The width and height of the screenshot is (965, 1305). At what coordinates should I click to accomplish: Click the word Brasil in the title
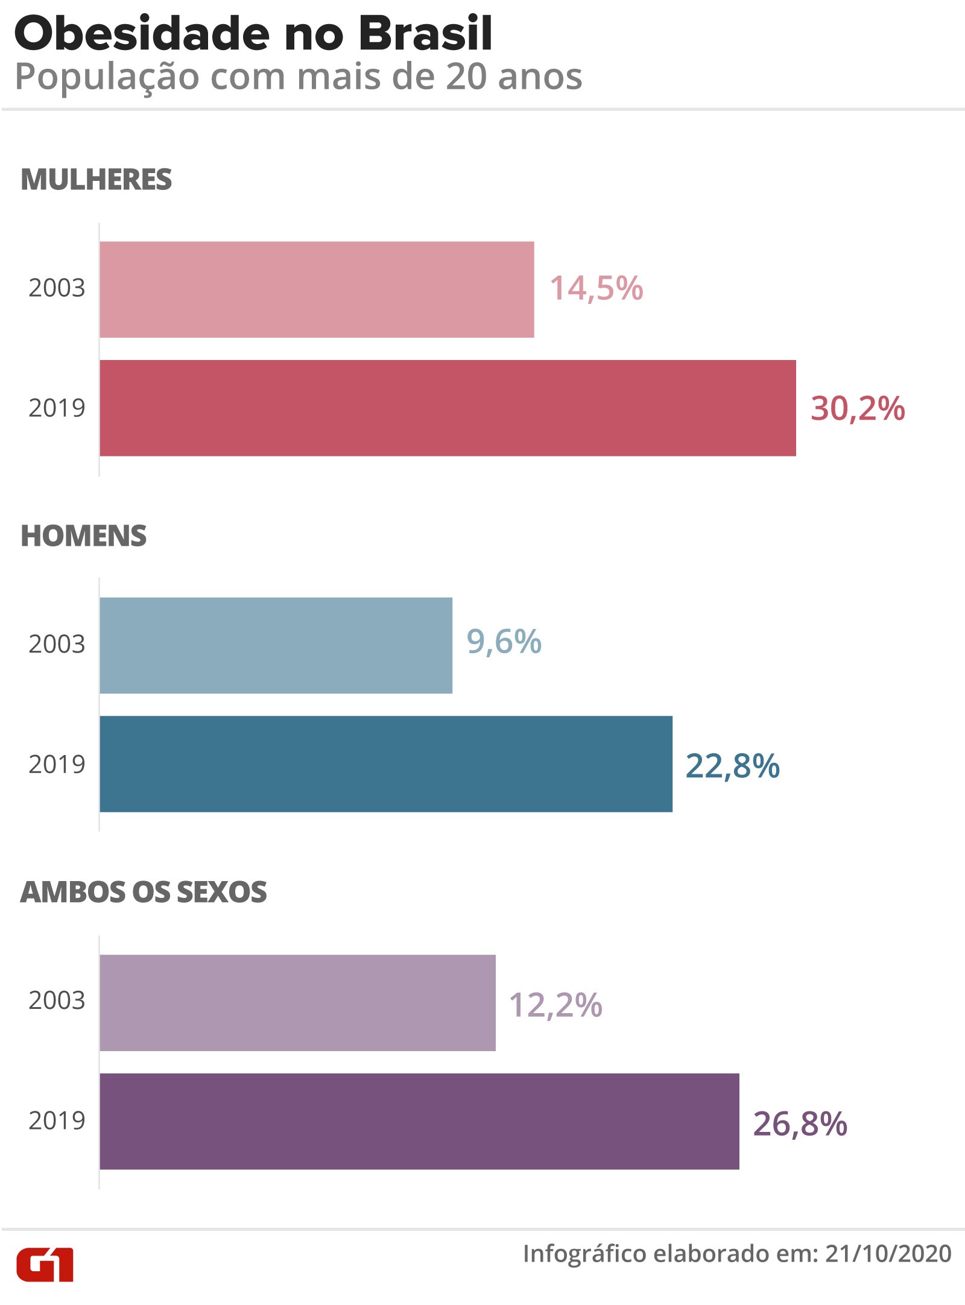tap(425, 34)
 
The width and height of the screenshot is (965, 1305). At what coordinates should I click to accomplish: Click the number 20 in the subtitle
tap(466, 77)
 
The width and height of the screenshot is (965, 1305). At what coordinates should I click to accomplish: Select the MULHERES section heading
tap(96, 180)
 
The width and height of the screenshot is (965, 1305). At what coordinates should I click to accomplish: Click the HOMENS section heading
tap(83, 536)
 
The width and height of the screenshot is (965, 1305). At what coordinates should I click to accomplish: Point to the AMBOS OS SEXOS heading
tap(143, 892)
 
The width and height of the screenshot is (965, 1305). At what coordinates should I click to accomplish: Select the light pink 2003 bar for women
tap(317, 289)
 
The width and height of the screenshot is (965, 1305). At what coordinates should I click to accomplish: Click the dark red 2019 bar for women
tap(448, 408)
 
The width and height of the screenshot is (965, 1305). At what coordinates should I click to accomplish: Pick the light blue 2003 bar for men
tap(276, 645)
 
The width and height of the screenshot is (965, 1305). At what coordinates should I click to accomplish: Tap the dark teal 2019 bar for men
tap(386, 764)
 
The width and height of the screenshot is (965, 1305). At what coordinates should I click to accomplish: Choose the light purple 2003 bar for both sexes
tap(297, 1002)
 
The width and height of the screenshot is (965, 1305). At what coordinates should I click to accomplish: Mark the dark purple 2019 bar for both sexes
tap(419, 1121)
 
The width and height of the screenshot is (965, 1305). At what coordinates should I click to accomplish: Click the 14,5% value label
tap(596, 288)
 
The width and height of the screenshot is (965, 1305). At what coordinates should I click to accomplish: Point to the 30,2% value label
tap(857, 408)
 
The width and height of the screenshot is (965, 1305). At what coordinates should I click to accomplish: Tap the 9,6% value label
tap(504, 642)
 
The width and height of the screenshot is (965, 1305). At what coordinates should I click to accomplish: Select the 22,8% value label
tap(732, 766)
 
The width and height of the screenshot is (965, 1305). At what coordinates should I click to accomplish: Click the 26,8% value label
tap(800, 1123)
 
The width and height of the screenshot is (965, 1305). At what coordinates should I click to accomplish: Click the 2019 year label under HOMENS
tap(57, 764)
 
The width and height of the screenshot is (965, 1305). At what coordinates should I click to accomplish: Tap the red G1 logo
tap(45, 1264)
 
